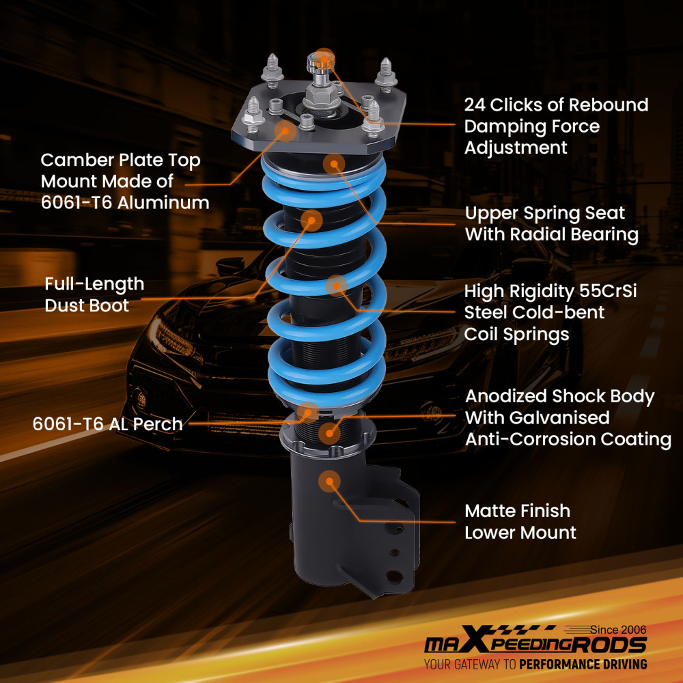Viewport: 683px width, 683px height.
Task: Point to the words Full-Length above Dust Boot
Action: (94, 284)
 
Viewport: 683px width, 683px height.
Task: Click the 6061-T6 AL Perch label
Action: (107, 424)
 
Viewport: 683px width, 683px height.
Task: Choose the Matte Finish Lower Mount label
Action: (517, 522)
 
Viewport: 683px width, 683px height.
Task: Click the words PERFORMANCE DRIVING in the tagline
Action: (583, 664)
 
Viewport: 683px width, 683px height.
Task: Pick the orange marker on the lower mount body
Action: (329, 481)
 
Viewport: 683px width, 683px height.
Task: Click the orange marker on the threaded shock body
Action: (331, 431)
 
